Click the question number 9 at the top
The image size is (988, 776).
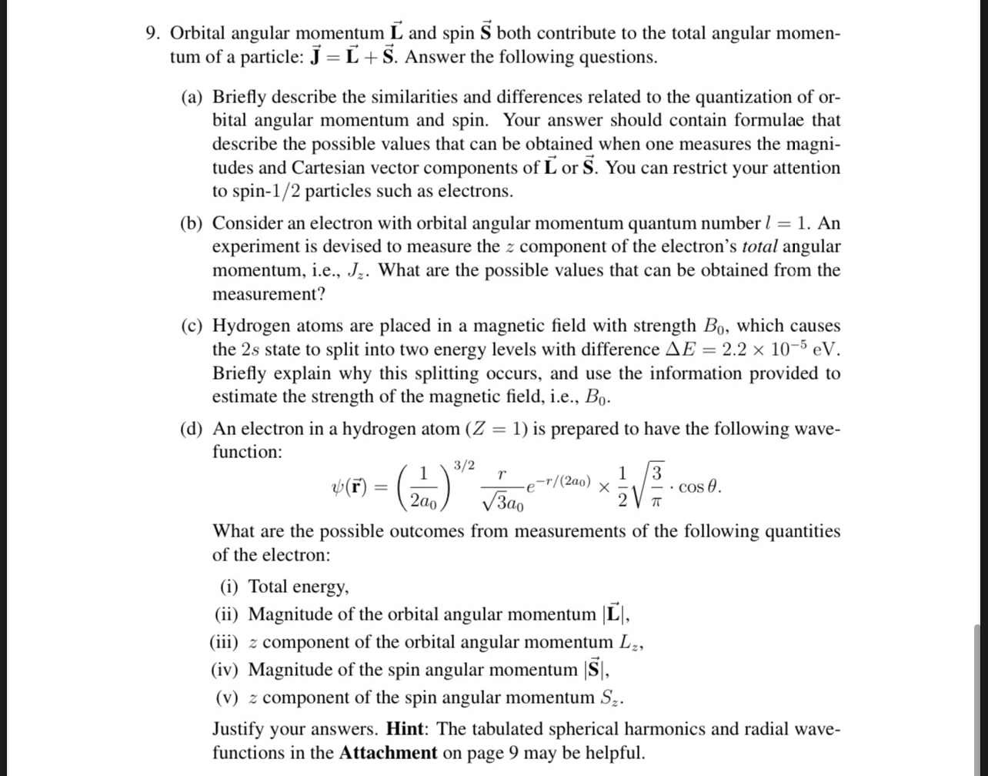[153, 33]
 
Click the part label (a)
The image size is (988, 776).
[192, 97]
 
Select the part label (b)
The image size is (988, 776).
[192, 223]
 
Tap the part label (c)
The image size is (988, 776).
[192, 326]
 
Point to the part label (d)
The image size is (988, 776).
[192, 429]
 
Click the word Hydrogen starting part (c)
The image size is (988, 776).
[248, 326]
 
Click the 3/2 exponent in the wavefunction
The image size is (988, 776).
[464, 466]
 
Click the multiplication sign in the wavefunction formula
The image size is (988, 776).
[605, 487]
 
